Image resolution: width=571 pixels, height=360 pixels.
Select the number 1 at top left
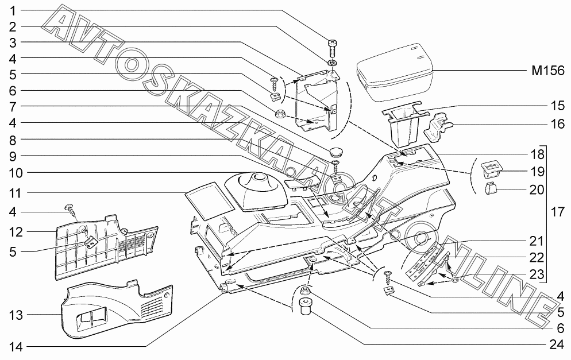pyautogui.click(x=12, y=10)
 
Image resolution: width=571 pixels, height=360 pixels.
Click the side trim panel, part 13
pyautogui.click(x=115, y=307)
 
